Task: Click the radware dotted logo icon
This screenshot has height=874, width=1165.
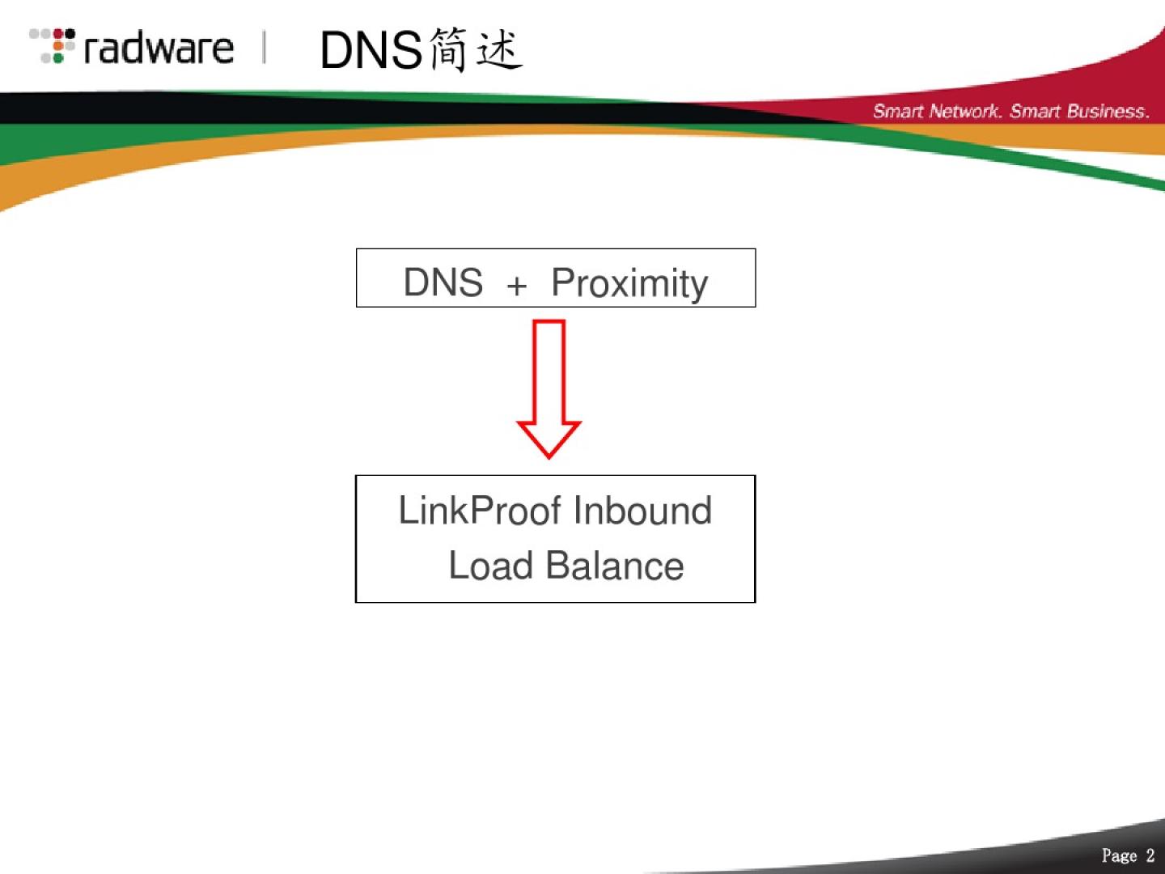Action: [53, 46]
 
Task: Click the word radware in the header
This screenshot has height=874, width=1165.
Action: [159, 49]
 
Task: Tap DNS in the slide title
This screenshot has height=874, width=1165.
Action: [371, 50]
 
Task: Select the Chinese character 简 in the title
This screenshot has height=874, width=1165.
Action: [448, 49]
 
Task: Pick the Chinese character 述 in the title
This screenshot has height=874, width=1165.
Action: [499, 49]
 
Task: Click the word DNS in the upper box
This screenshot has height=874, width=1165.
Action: [443, 282]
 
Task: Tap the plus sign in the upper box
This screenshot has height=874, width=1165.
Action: [517, 285]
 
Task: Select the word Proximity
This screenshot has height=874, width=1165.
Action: [629, 284]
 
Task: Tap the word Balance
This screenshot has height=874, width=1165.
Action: [615, 566]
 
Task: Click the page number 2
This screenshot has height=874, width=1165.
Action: [1150, 856]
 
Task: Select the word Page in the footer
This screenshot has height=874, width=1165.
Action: [1119, 856]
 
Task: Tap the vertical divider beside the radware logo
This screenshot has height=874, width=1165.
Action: [265, 47]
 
